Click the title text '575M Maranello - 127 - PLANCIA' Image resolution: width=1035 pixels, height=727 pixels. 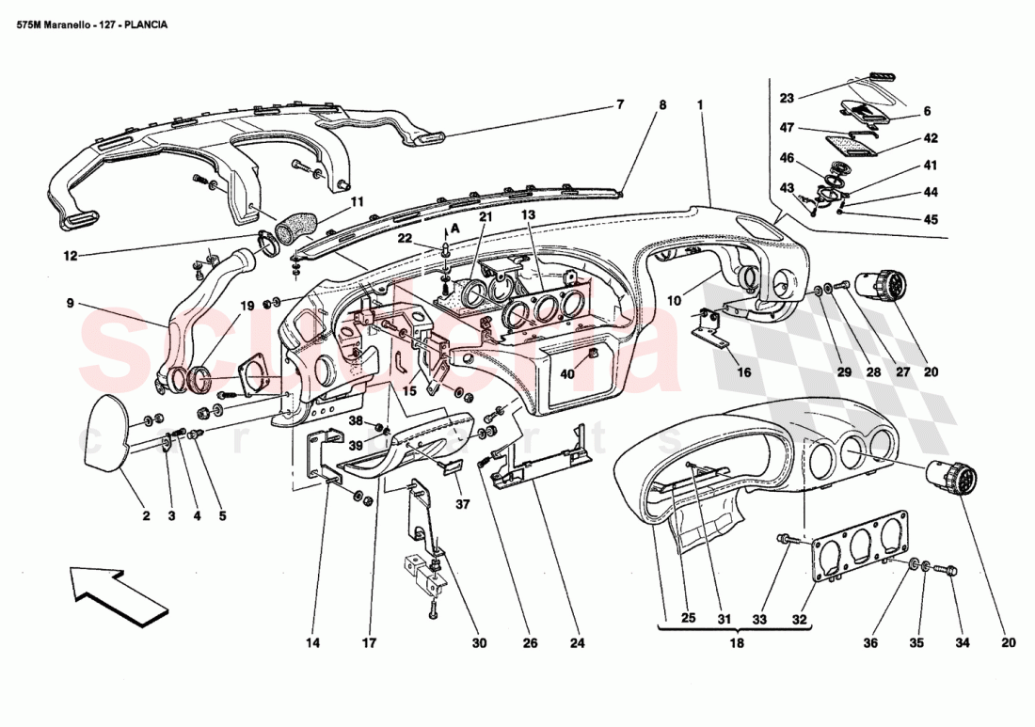point(92,25)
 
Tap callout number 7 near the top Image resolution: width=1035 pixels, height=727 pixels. point(621,104)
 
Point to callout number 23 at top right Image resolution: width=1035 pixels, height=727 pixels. point(788,96)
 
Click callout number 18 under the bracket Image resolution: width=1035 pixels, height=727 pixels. point(737,644)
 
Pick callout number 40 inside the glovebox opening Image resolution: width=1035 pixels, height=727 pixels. point(567,372)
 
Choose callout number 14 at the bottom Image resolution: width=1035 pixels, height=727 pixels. point(313,644)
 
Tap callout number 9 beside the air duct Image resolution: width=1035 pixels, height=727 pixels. point(70,303)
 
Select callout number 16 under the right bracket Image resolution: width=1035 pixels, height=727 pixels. point(744,372)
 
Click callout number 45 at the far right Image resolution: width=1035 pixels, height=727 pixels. point(930,220)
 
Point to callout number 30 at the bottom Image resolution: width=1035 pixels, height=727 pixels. point(479,644)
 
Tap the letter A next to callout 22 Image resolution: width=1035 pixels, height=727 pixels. point(457,228)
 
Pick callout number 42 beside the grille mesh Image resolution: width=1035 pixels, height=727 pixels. point(930,137)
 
